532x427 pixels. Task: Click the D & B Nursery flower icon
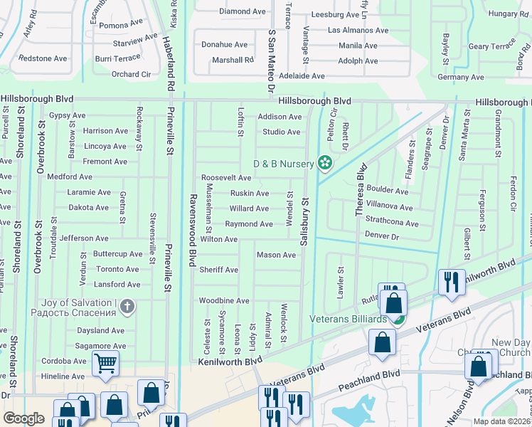click(x=325, y=164)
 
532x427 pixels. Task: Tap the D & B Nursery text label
click(x=284, y=164)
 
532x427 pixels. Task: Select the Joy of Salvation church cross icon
click(x=127, y=307)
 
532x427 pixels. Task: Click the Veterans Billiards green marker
click(x=400, y=319)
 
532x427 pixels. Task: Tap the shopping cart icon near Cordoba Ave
click(x=105, y=364)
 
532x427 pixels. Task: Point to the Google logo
click(x=23, y=418)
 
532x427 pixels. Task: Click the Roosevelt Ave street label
click(x=226, y=178)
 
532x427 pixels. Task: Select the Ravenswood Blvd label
click(x=191, y=228)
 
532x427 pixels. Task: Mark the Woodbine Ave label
click(x=224, y=301)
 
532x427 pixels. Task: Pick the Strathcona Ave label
click(x=392, y=223)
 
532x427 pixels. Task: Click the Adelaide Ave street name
click(x=302, y=76)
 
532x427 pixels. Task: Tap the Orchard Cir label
click(x=131, y=74)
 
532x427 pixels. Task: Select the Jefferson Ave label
click(x=84, y=238)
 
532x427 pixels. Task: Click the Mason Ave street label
click(x=276, y=255)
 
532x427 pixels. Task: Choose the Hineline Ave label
click(x=63, y=376)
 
